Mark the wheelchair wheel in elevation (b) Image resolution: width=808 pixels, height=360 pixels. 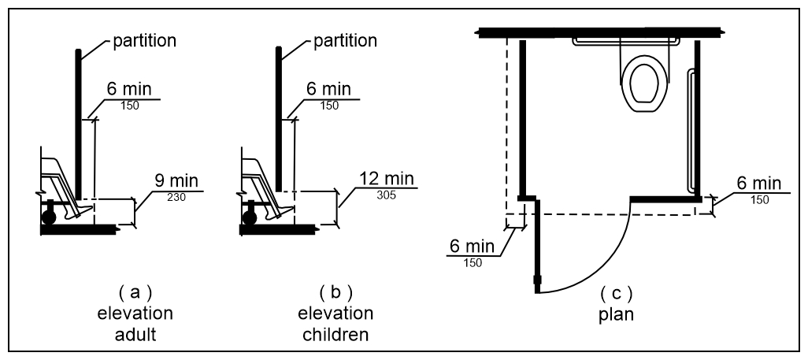250,213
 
